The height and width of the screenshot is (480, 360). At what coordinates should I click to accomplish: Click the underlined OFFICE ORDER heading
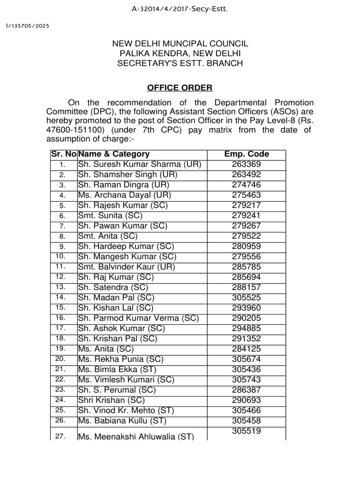pyautogui.click(x=180, y=88)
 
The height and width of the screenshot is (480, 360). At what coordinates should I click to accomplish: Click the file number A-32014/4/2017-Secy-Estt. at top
pyautogui.click(x=180, y=8)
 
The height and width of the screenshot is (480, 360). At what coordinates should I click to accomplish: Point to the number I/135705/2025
pyautogui.click(x=27, y=25)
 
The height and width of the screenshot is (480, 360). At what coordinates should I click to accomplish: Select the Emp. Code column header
pyautogui.click(x=247, y=154)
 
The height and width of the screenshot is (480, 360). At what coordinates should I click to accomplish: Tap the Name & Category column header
pyautogui.click(x=114, y=154)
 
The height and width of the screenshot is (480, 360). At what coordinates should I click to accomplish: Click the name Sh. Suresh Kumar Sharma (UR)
pyautogui.click(x=140, y=165)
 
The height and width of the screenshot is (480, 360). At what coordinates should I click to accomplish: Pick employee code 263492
pyautogui.click(x=247, y=175)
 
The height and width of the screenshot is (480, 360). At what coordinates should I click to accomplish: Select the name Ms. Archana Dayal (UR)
pyautogui.click(x=125, y=195)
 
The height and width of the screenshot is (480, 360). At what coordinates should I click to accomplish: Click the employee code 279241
pyautogui.click(x=247, y=216)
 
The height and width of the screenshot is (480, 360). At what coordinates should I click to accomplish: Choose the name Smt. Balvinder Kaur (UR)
pyautogui.click(x=127, y=267)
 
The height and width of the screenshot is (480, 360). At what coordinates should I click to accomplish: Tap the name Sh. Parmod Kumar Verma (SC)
pyautogui.click(x=138, y=318)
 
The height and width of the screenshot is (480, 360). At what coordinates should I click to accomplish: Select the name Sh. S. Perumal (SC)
pyautogui.click(x=117, y=390)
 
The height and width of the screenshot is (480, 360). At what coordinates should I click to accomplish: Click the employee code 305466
pyautogui.click(x=247, y=411)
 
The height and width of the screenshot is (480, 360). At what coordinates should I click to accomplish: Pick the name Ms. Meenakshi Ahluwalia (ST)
pyautogui.click(x=136, y=437)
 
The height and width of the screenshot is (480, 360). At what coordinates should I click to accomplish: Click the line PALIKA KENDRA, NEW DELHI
pyautogui.click(x=180, y=53)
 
